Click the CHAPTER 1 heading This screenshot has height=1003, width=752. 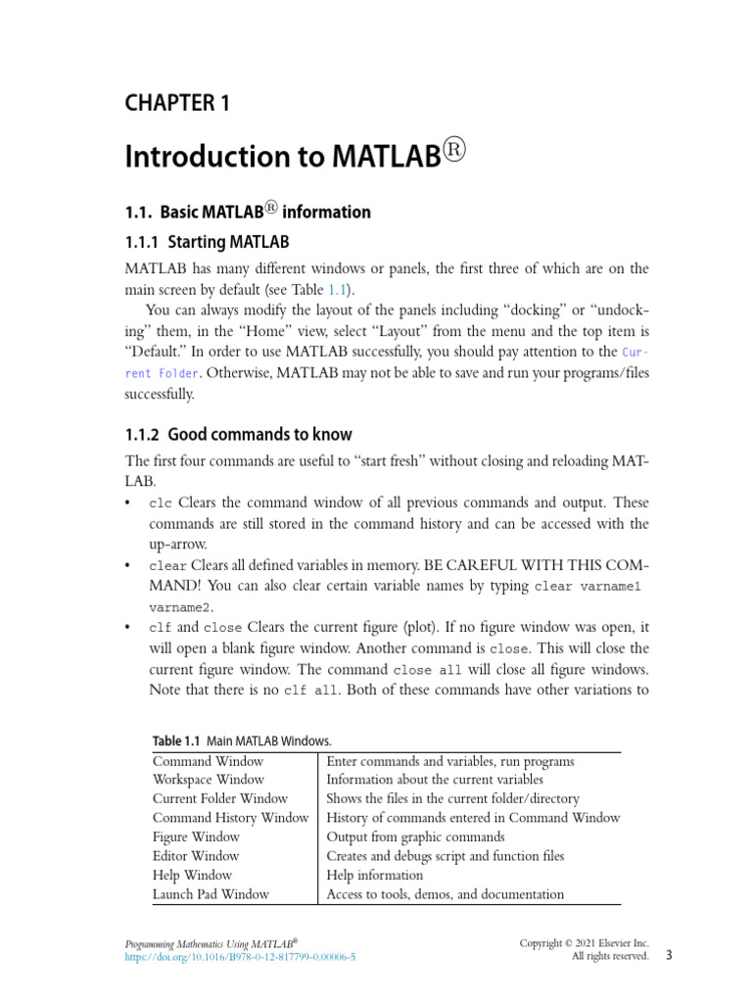[x=177, y=103]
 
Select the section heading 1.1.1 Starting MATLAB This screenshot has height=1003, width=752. [x=207, y=241]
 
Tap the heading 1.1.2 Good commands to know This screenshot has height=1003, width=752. [x=238, y=434]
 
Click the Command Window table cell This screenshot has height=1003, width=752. [x=208, y=761]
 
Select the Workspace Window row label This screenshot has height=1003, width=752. [x=208, y=780]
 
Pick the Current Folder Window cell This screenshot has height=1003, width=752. [x=219, y=799]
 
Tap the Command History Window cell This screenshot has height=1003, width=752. [x=230, y=818]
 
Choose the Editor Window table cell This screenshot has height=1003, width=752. [x=196, y=856]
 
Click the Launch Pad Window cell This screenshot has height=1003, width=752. [x=211, y=894]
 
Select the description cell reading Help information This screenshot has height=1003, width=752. [x=374, y=876]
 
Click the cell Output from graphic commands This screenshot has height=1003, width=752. [x=415, y=837]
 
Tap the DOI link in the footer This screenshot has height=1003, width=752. [x=240, y=957]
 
